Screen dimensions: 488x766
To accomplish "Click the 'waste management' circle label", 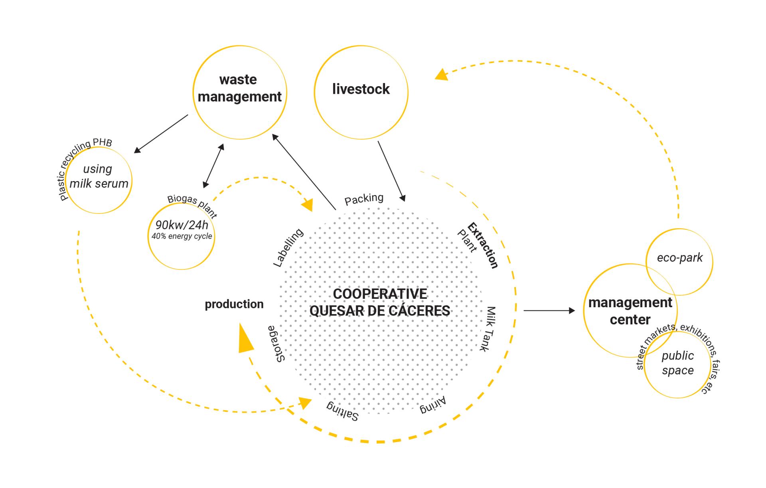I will [239, 88].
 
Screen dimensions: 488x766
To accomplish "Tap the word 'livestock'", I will [361, 89].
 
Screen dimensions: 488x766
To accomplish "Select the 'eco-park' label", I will [679, 258].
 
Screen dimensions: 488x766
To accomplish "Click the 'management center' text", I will [630, 311].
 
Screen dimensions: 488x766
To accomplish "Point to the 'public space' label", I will [677, 363].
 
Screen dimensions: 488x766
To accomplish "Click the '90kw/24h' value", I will [182, 225].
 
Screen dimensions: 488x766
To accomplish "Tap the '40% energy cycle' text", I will [182, 236].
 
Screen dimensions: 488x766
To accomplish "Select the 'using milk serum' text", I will [99, 176].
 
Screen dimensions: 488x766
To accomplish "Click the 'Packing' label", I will [364, 199].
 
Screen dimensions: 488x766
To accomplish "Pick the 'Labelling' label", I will [288, 248].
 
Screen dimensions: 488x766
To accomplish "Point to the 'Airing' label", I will [432, 406].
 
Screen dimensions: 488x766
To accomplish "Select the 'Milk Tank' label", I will [488, 329].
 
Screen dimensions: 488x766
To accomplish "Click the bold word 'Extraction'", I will [483, 245].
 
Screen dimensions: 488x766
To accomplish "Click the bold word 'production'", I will [234, 304].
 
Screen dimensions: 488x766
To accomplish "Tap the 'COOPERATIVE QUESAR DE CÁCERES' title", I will [380, 302].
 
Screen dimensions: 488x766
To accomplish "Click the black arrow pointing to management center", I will [549, 310].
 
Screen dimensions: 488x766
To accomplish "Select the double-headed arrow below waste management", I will [213, 166].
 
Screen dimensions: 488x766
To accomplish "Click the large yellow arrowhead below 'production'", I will [245, 340].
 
